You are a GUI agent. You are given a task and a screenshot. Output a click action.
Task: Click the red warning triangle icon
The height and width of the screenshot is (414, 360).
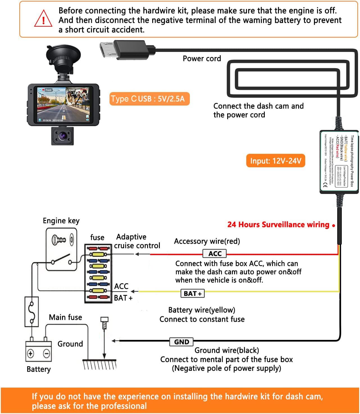(43, 19)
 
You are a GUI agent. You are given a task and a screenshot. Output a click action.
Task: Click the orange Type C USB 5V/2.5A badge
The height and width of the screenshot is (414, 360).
(149, 99)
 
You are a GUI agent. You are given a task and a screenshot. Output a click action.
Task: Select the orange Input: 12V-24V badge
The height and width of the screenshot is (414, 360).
(275, 161)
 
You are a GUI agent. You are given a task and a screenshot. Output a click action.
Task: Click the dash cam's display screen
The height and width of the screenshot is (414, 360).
(64, 105)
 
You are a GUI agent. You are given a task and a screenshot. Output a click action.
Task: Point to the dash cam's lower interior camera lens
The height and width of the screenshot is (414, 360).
(62, 136)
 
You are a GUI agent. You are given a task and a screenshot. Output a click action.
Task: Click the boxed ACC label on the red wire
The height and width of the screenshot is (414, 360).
(215, 253)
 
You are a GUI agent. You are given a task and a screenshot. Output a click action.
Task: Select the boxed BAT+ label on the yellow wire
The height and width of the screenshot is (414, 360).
(193, 294)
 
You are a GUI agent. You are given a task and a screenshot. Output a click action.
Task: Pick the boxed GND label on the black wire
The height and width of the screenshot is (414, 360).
(181, 342)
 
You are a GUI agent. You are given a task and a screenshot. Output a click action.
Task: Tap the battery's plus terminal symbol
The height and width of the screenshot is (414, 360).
(30, 353)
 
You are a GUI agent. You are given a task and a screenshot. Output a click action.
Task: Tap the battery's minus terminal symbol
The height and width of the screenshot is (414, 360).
(47, 353)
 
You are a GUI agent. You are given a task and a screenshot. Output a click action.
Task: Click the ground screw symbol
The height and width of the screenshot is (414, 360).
(104, 323)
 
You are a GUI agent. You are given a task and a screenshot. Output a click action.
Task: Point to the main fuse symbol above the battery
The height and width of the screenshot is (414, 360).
(32, 312)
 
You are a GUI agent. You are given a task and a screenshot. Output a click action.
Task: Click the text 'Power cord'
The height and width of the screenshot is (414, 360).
(202, 59)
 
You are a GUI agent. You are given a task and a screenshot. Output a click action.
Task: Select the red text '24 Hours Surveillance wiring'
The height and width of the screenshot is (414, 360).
(278, 225)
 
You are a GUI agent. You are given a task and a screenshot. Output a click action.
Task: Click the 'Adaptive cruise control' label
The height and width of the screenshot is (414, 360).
(137, 241)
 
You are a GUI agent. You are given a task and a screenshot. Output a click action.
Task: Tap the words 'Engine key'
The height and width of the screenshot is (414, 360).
(61, 221)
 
